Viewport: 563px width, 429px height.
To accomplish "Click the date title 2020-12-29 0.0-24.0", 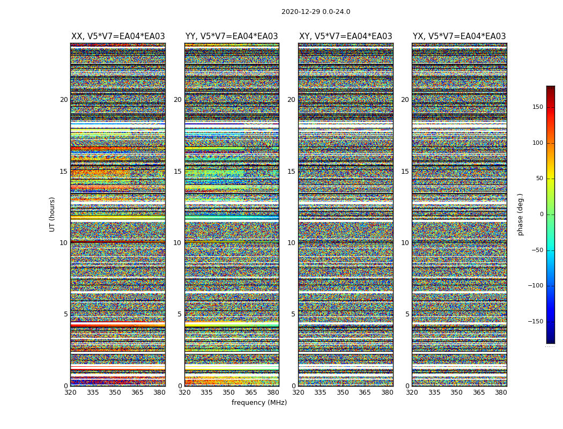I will point(316,12).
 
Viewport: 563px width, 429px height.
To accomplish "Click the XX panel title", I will point(118,36).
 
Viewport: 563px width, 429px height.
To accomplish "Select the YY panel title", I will point(232,36).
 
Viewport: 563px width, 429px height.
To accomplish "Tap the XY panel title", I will point(345,36).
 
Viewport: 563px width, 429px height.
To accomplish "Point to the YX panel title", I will point(459,36).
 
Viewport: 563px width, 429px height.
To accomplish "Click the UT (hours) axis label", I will point(53,214).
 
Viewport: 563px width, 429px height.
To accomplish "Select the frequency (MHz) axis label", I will point(259,403).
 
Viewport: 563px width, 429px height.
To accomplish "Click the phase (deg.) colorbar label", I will point(520,214).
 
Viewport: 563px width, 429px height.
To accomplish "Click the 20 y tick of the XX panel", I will point(64,100).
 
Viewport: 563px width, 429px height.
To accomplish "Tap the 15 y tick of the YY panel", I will point(177,172).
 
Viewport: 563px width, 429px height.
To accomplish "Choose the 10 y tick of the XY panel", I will point(291,243).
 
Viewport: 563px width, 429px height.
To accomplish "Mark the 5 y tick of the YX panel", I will point(407,314).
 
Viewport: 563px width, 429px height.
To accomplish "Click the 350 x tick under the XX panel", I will point(115,393).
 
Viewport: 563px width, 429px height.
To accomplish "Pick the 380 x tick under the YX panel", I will point(501,393).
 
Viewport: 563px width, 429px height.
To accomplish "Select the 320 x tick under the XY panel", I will point(298,393).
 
